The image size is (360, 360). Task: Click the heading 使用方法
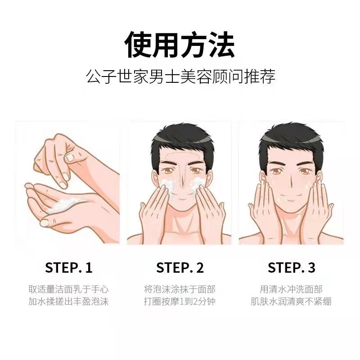[180, 44]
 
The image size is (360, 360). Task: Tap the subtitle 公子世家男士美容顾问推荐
[180, 76]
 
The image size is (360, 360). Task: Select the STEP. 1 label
[69, 267]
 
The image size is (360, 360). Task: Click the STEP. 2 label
[180, 267]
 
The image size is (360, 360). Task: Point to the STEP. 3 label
[291, 267]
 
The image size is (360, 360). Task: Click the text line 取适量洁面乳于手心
[68, 289]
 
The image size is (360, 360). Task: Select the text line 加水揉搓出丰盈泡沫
[68, 301]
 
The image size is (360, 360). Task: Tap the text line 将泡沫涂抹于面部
[180, 289]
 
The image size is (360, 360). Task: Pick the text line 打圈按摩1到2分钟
[180, 301]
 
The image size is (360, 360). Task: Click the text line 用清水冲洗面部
[291, 289]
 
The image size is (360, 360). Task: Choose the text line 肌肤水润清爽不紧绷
[291, 301]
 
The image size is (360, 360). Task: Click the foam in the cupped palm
[62, 205]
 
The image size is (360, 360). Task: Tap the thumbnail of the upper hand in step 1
[70, 157]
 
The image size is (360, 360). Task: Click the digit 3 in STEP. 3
[311, 268]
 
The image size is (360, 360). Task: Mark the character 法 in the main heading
[221, 44]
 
